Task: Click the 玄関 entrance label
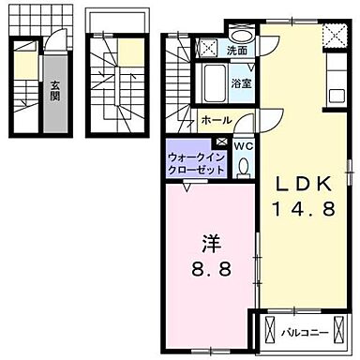pyautogui.click(x=55, y=91)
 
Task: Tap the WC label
pyautogui.click(x=242, y=146)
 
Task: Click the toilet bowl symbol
pyautogui.click(x=242, y=167)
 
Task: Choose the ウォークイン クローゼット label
pyautogui.click(x=196, y=164)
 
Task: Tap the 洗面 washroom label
pyautogui.click(x=236, y=50)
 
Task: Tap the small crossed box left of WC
pyautogui.click(x=221, y=145)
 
